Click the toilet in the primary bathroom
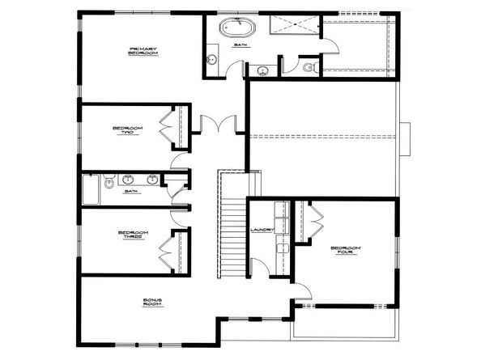[308, 68]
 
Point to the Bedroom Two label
[128, 131]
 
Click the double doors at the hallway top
[216, 125]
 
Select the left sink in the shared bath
[127, 179]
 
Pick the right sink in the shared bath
[151, 179]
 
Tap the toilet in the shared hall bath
[109, 184]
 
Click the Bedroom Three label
[132, 237]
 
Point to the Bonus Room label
[153, 303]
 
